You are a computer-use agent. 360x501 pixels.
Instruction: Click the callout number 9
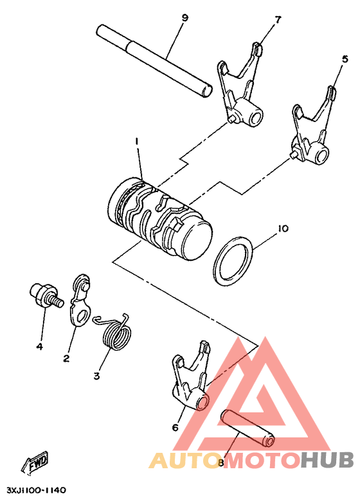pos(184,18)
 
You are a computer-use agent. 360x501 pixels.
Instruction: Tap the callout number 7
pos(278,20)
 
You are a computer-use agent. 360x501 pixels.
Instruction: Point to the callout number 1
pos(136,140)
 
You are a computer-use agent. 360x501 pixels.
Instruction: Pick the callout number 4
pos(39,346)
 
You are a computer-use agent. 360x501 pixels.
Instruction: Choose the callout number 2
pos(66,358)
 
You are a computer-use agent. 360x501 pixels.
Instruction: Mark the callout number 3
pos(96,376)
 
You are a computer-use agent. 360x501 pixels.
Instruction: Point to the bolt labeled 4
pos(44,295)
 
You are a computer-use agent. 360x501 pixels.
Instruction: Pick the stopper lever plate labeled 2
pos(79,301)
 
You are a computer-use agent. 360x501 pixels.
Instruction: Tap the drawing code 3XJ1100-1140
pos(36,490)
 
